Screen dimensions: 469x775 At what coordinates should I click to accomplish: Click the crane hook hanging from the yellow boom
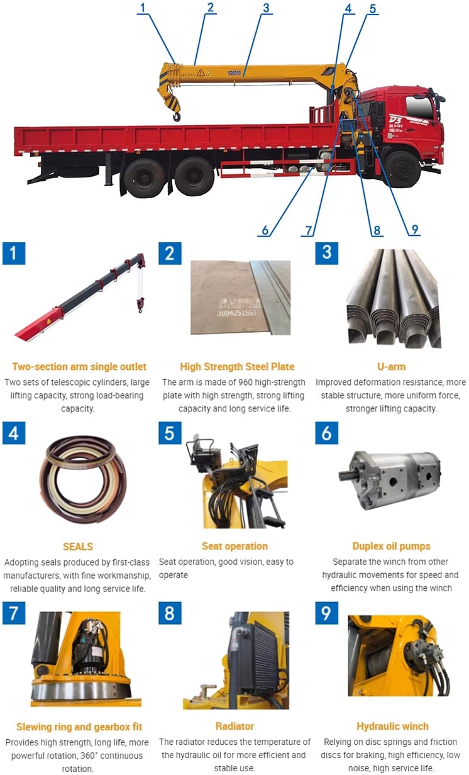click(177, 116)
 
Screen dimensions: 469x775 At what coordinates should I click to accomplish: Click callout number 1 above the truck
click(143, 8)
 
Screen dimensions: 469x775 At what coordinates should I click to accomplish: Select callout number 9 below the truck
click(415, 229)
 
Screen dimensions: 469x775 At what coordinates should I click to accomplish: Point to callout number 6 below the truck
click(265, 230)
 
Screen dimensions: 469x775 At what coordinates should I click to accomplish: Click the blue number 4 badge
click(14, 433)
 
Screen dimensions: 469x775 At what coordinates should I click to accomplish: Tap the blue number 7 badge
click(14, 613)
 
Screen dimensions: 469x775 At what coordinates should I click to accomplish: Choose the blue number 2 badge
click(170, 254)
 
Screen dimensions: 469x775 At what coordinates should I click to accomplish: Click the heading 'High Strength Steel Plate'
click(237, 366)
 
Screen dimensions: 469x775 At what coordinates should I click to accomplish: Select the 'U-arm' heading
click(391, 366)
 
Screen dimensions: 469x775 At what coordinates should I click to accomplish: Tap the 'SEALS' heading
click(78, 546)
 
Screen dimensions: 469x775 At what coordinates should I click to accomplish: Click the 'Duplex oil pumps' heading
click(391, 546)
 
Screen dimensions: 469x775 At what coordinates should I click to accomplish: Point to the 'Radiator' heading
click(234, 726)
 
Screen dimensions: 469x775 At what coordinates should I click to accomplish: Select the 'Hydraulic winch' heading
click(392, 726)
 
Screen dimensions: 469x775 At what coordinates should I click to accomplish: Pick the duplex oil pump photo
click(389, 479)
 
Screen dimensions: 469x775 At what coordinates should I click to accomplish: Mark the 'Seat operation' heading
click(235, 546)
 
